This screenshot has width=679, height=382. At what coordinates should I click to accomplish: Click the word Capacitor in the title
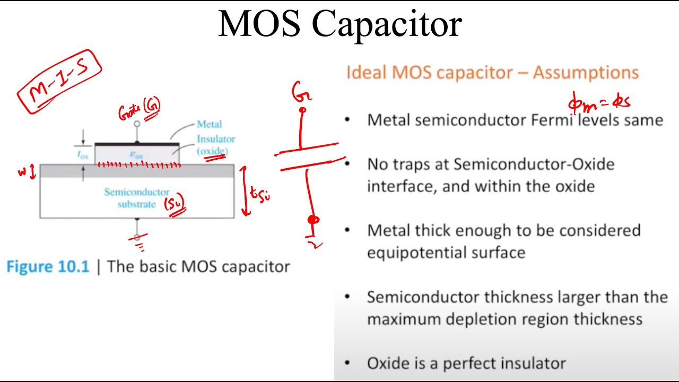(x=387, y=24)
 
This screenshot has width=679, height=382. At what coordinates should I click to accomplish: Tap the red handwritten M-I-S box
(x=59, y=82)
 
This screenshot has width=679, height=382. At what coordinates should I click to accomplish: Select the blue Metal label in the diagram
(x=209, y=124)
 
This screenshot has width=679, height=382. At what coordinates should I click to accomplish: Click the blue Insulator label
(x=216, y=139)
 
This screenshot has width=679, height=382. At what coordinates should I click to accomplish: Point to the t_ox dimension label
(x=82, y=154)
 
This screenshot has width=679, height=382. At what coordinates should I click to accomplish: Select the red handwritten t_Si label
(x=260, y=195)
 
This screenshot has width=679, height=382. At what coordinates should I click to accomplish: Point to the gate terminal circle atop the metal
(x=137, y=124)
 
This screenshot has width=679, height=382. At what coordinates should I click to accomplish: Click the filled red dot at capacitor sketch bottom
(x=314, y=219)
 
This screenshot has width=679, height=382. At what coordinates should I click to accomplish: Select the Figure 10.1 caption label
(x=48, y=266)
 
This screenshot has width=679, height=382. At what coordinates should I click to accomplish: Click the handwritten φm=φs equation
(x=599, y=101)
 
